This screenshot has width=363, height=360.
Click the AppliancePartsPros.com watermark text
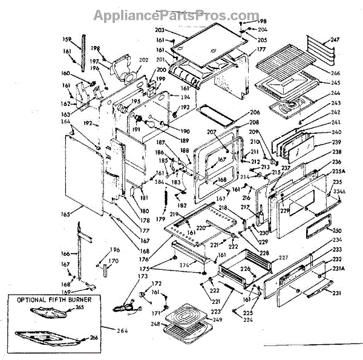coord(181,13)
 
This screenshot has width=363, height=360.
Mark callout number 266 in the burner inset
coord(94,338)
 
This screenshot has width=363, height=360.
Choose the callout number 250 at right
coord(337,231)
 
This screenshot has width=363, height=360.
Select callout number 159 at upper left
coord(67,40)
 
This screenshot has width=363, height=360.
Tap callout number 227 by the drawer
coord(283,257)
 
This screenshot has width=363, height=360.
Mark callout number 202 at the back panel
coord(143,60)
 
